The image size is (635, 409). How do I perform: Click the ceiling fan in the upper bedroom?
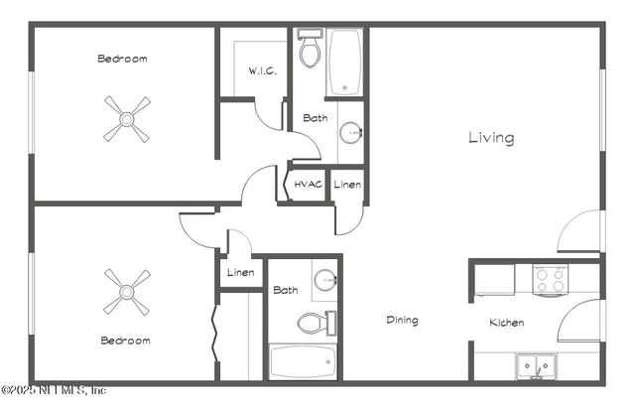(127, 119)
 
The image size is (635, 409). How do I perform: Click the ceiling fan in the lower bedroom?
(127, 291)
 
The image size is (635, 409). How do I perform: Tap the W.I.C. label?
(262, 71)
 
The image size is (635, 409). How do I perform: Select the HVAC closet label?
(308, 186)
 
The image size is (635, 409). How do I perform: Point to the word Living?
(491, 138)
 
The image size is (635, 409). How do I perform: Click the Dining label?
(402, 321)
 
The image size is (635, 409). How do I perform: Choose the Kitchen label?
(506, 323)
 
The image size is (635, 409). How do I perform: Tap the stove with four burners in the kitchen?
(550, 280)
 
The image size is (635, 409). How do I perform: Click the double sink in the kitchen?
(537, 366)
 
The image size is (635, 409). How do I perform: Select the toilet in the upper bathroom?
(310, 50)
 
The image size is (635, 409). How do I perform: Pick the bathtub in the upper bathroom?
(345, 63)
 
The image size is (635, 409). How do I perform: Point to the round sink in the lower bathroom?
(325, 281)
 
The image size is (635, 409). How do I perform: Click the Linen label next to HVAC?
(346, 186)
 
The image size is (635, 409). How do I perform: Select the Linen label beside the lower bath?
(240, 273)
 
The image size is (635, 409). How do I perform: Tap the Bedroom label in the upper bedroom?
(122, 59)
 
